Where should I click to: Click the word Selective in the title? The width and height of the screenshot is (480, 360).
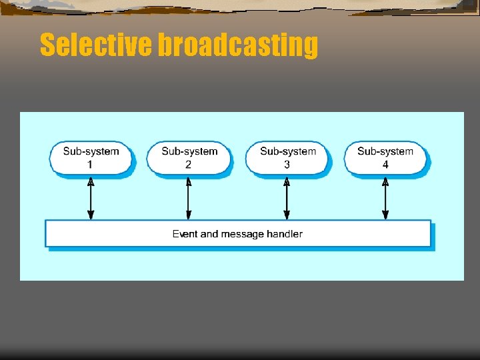[96, 45]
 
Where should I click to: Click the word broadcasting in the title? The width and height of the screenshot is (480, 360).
[237, 45]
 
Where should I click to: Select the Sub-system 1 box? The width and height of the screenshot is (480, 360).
[91, 157]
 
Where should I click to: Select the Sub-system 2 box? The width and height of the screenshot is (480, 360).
[189, 157]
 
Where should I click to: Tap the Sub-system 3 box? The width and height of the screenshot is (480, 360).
[287, 157]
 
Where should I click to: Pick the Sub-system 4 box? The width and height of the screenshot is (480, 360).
[385, 157]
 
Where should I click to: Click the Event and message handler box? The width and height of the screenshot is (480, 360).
[237, 233]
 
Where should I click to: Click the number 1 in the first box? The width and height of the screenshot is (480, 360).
[91, 164]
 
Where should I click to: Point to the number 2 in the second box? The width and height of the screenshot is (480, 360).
[189, 164]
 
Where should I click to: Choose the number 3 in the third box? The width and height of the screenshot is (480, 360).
[287, 164]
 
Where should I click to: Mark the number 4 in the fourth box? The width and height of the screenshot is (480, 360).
[385, 164]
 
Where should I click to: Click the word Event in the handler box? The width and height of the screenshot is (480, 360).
[185, 234]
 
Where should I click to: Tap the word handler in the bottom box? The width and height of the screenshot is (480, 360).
[286, 234]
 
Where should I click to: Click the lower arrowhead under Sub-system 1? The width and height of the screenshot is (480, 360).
[91, 215]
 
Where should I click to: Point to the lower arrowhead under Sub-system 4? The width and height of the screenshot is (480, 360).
[385, 215]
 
